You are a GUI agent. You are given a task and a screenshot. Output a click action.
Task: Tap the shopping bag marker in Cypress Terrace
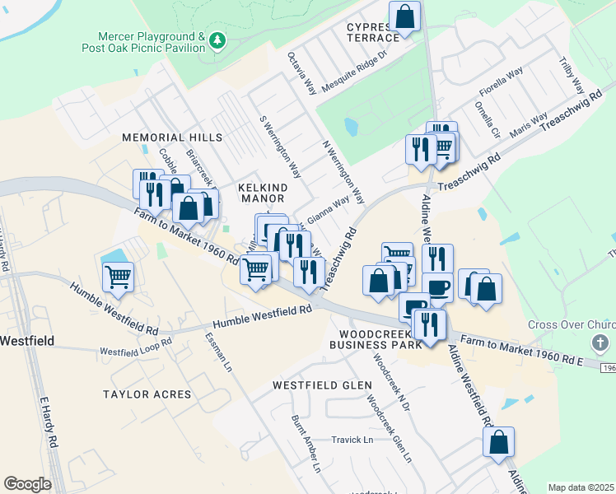[405, 16]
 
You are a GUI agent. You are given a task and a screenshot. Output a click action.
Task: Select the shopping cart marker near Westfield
[119, 277]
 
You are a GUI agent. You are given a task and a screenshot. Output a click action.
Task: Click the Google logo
[26, 484]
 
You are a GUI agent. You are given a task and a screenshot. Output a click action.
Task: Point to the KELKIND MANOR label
[263, 193]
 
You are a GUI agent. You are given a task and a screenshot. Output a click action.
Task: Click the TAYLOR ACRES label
[147, 394]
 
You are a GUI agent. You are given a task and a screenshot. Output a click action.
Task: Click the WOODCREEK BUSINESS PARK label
[375, 338]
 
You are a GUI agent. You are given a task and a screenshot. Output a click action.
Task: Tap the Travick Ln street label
[352, 440]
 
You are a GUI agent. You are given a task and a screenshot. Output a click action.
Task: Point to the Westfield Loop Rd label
[135, 347]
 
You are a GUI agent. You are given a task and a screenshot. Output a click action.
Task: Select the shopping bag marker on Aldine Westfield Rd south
[499, 442]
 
